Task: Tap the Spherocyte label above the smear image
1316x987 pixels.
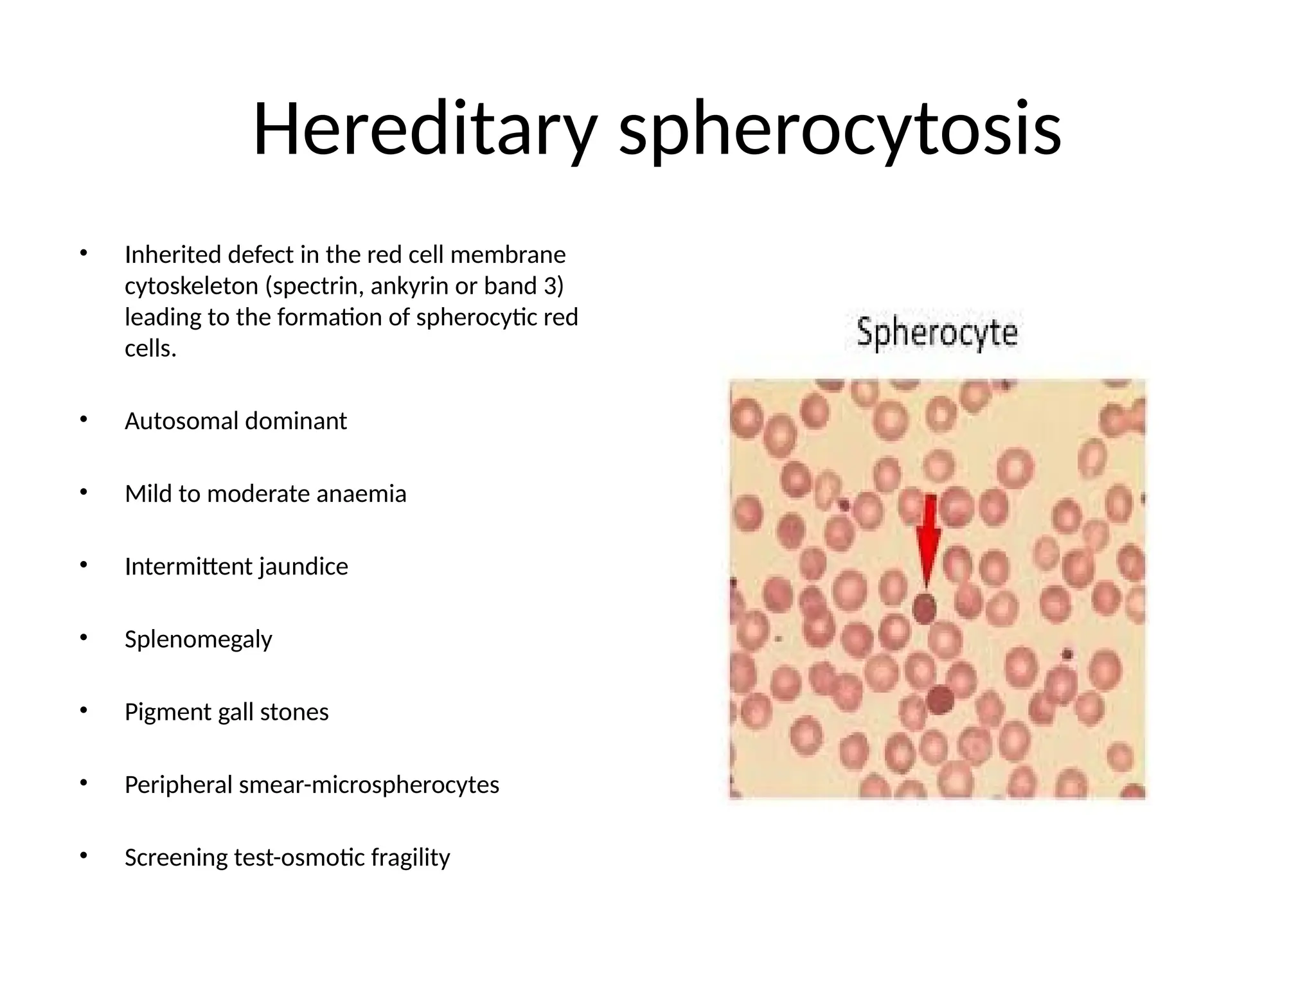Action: (x=937, y=334)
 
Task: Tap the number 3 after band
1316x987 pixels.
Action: (x=549, y=286)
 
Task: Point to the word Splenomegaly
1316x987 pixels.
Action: (x=198, y=639)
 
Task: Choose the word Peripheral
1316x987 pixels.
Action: (x=178, y=785)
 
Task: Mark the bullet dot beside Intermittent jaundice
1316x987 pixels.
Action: (x=83, y=565)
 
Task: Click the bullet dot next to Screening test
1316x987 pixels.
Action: (x=83, y=856)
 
